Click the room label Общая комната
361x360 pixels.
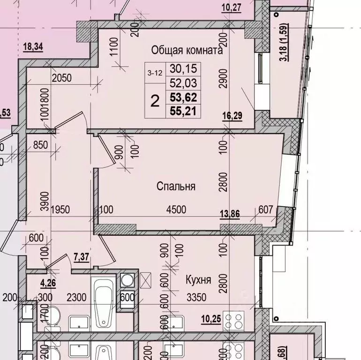(187, 50)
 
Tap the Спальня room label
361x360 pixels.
(176, 186)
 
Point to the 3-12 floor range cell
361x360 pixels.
(155, 72)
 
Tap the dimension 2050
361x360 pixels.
(61, 78)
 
